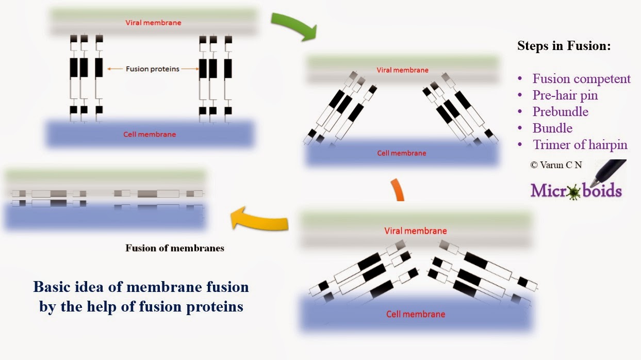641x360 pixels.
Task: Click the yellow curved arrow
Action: click(258, 218)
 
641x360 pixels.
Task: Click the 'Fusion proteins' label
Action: click(152, 69)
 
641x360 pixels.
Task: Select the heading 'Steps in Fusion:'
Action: click(564, 46)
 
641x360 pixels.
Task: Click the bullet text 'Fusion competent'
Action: click(581, 79)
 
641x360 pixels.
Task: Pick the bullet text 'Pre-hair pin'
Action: click(565, 95)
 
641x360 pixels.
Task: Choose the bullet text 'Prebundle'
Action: click(560, 112)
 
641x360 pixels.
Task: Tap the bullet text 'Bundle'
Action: click(552, 128)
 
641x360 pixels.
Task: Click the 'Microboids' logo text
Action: click(576, 191)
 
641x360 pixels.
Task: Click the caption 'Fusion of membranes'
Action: click(175, 248)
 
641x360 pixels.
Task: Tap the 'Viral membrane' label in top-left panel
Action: click(153, 23)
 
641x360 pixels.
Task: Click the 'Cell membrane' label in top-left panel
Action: click(150, 135)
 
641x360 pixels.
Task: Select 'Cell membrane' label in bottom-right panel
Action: click(416, 314)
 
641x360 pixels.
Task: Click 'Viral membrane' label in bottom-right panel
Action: click(416, 231)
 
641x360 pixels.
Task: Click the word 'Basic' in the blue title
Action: click(51, 287)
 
